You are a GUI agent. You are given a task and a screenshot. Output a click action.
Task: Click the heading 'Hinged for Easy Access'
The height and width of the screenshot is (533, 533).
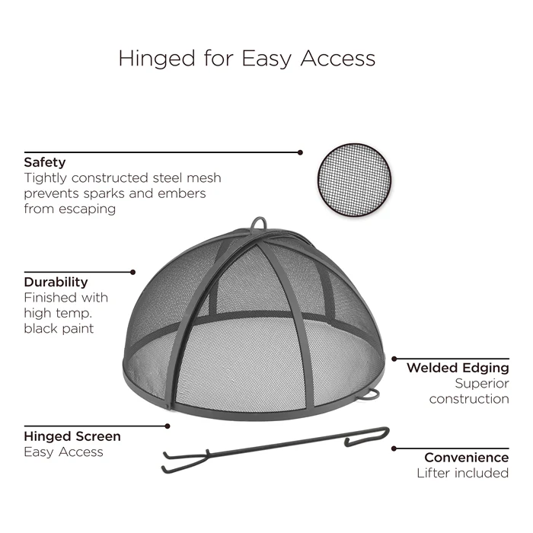click(x=247, y=58)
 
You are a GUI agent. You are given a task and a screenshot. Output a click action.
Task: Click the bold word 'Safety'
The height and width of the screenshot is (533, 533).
click(x=44, y=162)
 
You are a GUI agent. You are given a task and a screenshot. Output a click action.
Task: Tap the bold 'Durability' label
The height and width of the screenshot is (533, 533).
click(x=56, y=282)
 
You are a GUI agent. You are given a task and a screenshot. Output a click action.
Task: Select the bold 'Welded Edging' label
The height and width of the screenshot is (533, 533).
click(x=458, y=368)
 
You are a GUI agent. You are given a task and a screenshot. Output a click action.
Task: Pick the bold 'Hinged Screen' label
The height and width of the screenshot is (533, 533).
click(x=72, y=436)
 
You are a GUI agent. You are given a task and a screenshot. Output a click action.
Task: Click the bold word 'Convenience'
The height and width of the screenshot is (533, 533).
click(x=466, y=458)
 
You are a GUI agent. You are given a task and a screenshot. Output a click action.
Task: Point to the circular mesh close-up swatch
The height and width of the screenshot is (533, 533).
click(x=354, y=180)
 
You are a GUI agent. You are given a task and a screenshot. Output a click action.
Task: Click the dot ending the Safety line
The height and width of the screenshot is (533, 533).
click(x=300, y=152)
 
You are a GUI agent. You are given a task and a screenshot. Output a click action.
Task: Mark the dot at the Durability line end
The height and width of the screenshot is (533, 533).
click(x=133, y=273)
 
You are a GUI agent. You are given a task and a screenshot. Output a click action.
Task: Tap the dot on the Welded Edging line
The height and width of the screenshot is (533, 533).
click(x=394, y=359)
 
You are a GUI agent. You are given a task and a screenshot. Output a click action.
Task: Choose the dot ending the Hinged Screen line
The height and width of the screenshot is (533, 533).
click(x=168, y=426)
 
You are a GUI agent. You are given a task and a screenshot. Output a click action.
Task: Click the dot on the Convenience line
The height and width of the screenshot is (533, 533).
click(x=394, y=448)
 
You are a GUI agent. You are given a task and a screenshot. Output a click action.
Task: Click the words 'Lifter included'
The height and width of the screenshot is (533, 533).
click(x=463, y=473)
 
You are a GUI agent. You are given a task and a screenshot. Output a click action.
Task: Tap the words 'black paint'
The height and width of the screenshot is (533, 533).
click(x=59, y=329)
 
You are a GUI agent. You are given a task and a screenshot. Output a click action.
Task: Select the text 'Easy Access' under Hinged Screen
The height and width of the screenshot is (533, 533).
click(x=63, y=452)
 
